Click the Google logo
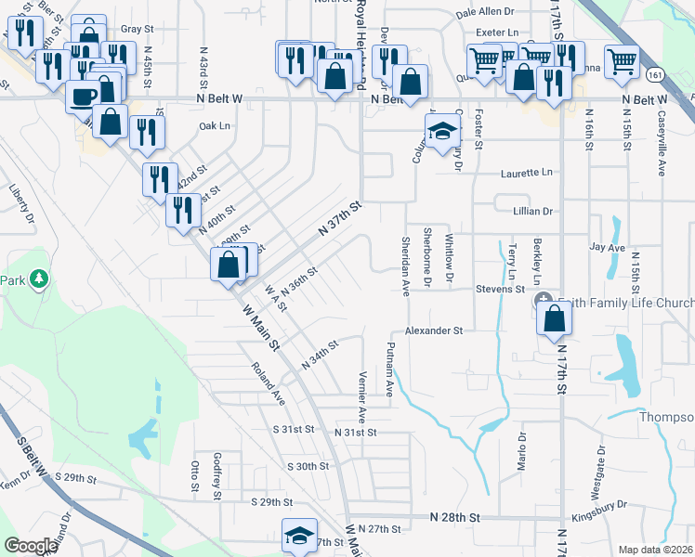pyautogui.click(x=32, y=546)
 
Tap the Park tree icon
pyautogui.click(x=38, y=278)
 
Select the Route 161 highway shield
pyautogui.click(x=657, y=73)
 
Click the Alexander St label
pyautogui.click(x=433, y=330)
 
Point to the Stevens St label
pyautogui.click(x=501, y=290)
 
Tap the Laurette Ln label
pyautogui.click(x=526, y=173)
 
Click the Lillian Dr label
pyautogui.click(x=532, y=212)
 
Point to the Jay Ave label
pyautogui.click(x=607, y=249)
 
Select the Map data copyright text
pyautogui.click(x=655, y=550)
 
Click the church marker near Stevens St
pyautogui.click(x=544, y=302)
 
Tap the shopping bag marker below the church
pyautogui.click(x=555, y=318)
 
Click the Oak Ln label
pyautogui.click(x=213, y=125)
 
